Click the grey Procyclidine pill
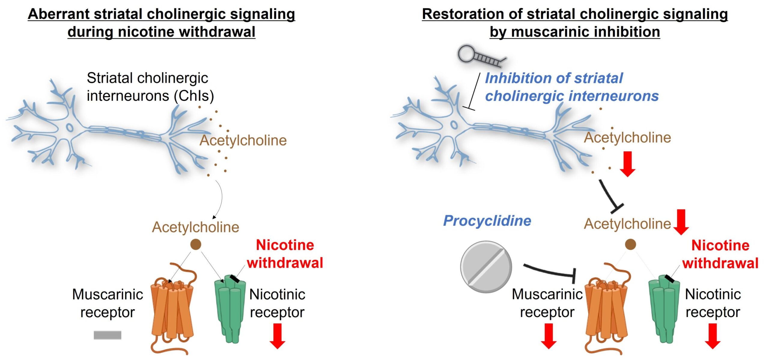point(486,267)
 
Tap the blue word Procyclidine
point(487,221)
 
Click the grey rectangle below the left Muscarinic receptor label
point(107,335)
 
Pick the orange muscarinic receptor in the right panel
point(607,309)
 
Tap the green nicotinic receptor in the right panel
point(664,309)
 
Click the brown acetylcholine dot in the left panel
point(196,244)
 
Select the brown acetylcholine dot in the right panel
point(630,244)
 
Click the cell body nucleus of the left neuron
point(70,127)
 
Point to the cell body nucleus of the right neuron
point(454,125)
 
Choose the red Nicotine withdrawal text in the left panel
point(285,254)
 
